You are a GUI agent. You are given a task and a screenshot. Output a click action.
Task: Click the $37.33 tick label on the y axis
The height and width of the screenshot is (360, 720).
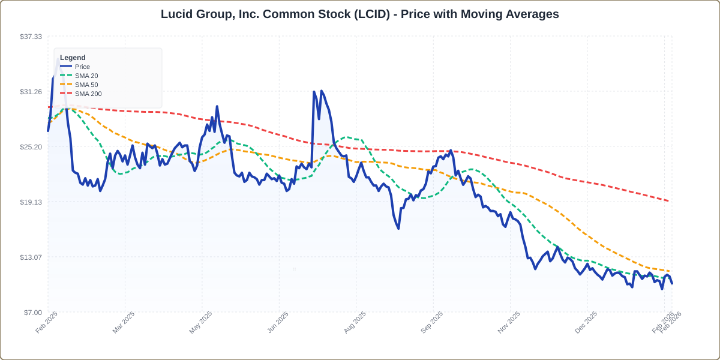click(31, 37)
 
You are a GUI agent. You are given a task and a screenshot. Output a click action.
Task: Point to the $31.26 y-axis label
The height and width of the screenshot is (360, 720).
click(31, 92)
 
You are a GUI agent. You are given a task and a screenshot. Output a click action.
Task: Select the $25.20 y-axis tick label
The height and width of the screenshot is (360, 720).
click(31, 147)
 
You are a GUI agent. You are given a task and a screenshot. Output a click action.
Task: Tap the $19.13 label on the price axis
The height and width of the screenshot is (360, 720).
click(31, 202)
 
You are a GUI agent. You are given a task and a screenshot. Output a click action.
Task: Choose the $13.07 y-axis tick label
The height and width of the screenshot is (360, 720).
click(31, 257)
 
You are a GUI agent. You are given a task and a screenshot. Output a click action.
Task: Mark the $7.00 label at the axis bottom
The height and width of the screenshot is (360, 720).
click(33, 313)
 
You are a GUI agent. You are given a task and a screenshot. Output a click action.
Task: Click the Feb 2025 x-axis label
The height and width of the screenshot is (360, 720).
click(47, 322)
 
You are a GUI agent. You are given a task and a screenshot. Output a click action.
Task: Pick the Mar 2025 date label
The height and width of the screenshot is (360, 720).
click(124, 322)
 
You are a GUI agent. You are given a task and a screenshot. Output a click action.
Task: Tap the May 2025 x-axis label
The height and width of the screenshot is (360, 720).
click(201, 322)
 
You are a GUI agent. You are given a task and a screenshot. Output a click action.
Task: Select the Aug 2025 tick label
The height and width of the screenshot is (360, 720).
click(355, 322)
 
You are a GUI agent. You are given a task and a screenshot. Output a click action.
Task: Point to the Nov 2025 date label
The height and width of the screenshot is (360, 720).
click(509, 322)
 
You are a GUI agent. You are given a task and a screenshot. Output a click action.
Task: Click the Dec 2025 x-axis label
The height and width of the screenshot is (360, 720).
click(586, 322)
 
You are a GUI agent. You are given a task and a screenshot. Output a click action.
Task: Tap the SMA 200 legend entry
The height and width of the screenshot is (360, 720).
click(88, 94)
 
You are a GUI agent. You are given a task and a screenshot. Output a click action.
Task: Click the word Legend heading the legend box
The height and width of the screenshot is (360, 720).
click(73, 58)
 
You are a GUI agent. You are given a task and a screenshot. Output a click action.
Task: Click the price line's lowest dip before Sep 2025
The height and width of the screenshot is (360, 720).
click(398, 228)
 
